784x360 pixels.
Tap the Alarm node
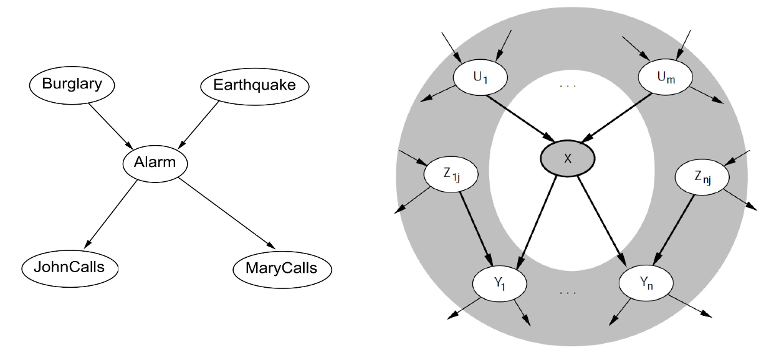click(x=155, y=163)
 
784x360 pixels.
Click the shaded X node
click(x=567, y=159)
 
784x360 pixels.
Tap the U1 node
click(x=480, y=78)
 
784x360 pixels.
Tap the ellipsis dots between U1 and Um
click(x=568, y=85)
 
